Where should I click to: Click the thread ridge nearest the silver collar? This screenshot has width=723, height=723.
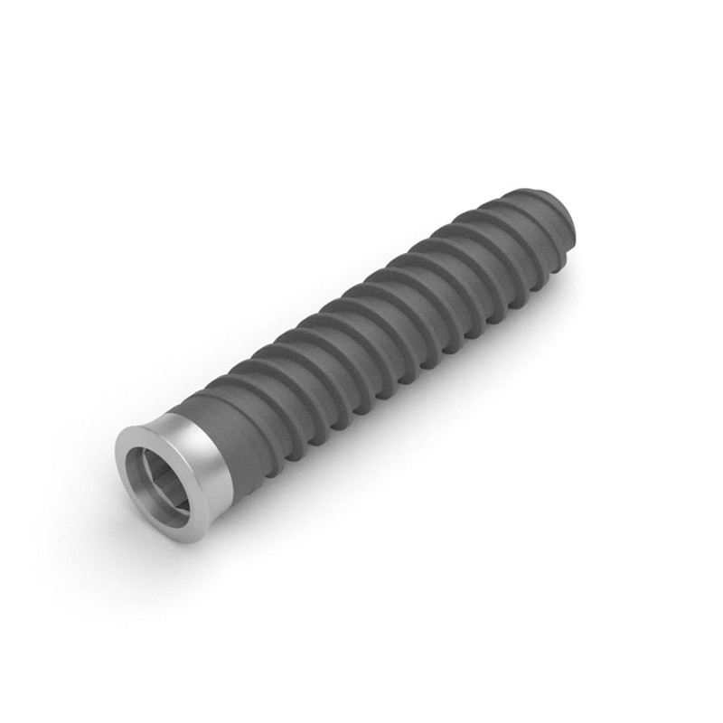[x=244, y=402]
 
